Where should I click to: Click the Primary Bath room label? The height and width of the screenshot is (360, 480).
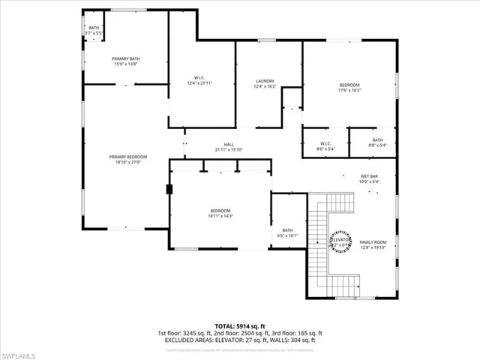pyautogui.click(x=126, y=58)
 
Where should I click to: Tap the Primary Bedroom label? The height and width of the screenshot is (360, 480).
pyautogui.click(x=127, y=157)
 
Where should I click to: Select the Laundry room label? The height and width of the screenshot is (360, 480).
pyautogui.click(x=265, y=81)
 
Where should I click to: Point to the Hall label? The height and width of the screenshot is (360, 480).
pyautogui.click(x=229, y=145)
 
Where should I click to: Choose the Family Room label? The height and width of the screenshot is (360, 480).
pyautogui.click(x=373, y=241)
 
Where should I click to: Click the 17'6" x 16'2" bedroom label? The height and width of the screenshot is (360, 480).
pyautogui.click(x=349, y=85)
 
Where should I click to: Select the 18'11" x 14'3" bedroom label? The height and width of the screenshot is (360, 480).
pyautogui.click(x=220, y=211)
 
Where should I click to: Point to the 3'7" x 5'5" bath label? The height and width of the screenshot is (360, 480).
pyautogui.click(x=93, y=28)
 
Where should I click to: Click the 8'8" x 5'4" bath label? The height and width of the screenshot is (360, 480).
pyautogui.click(x=377, y=139)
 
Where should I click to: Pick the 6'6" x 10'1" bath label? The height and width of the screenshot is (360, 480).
pyautogui.click(x=287, y=230)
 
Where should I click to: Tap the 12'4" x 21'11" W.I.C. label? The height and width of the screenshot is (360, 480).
pyautogui.click(x=200, y=78)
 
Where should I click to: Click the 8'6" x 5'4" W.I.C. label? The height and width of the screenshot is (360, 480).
pyautogui.click(x=325, y=144)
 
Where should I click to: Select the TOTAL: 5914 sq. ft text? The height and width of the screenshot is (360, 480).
pyautogui.click(x=240, y=326)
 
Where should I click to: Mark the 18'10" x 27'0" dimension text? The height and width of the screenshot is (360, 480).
pyautogui.click(x=127, y=162)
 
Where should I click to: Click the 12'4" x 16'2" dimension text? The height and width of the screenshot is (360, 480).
pyautogui.click(x=265, y=87)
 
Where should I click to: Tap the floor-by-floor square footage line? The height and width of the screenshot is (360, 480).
pyautogui.click(x=240, y=333)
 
